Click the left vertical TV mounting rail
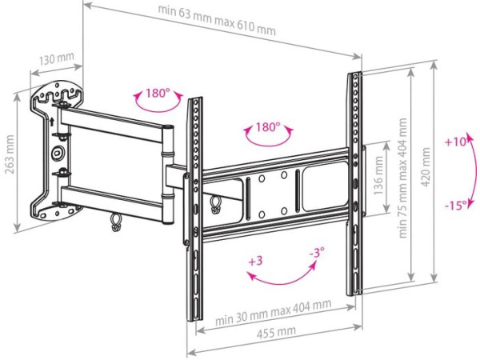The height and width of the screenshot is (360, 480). (x=193, y=208)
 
